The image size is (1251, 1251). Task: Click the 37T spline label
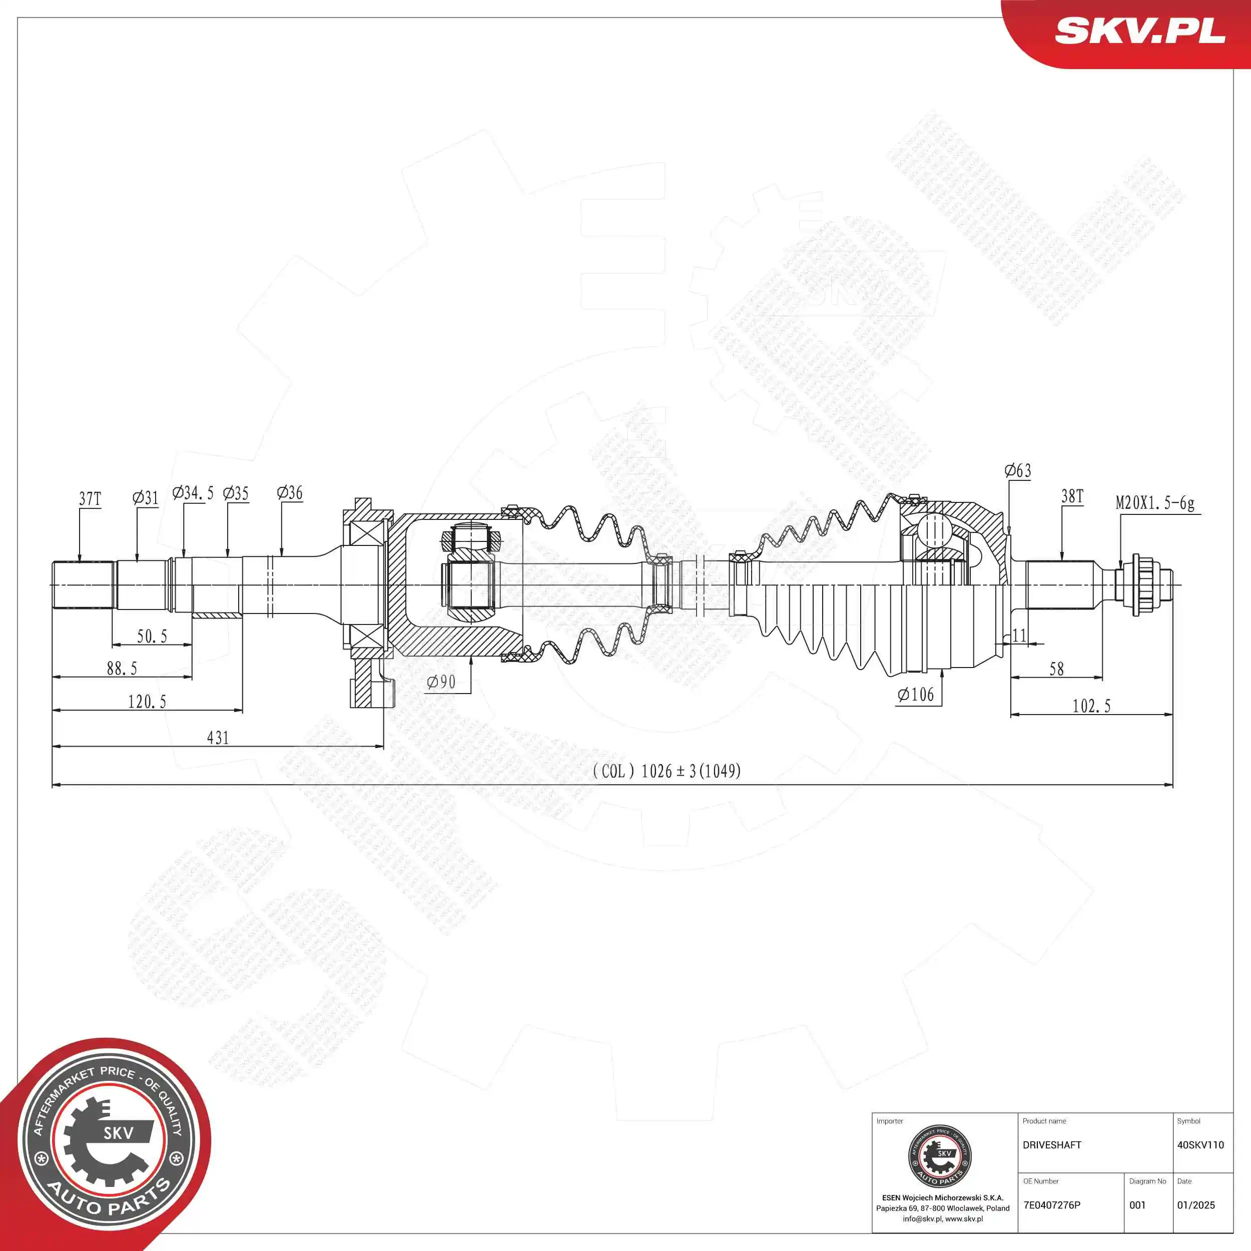(90, 498)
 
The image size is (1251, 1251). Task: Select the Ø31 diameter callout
(146, 497)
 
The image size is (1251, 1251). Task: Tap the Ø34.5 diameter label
(193, 493)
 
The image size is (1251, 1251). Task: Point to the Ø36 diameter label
(289, 493)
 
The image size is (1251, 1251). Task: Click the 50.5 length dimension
(152, 637)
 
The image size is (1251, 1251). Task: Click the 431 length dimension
(218, 738)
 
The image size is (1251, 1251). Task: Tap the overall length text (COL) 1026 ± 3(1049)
(667, 771)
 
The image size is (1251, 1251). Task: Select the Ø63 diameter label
(1018, 471)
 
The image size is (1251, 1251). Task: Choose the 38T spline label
(1072, 496)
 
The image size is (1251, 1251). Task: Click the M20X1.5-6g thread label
(1155, 503)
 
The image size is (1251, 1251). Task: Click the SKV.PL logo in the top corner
(1139, 31)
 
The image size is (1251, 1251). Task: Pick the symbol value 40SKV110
(1200, 1145)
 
